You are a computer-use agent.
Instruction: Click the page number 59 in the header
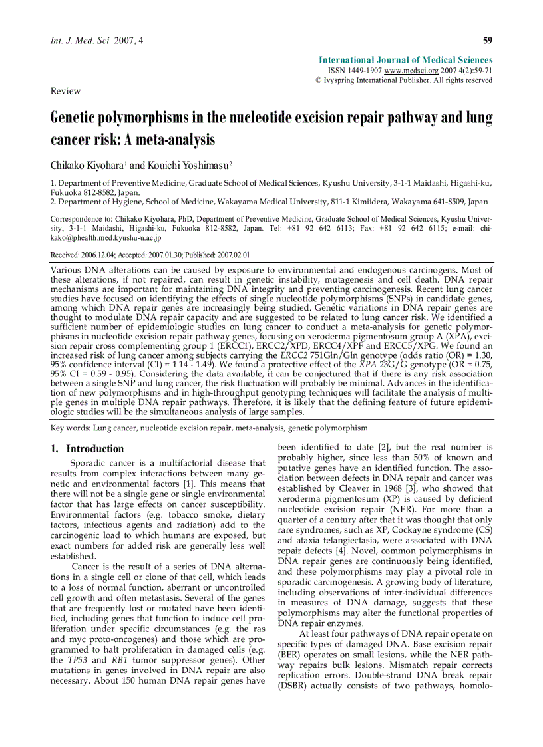pyautogui.click(x=488, y=41)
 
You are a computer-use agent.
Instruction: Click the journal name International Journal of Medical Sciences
pyautogui.click(x=406, y=60)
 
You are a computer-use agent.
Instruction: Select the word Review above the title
pyautogui.click(x=65, y=91)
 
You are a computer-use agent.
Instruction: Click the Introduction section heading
pyautogui.click(x=94, y=449)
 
